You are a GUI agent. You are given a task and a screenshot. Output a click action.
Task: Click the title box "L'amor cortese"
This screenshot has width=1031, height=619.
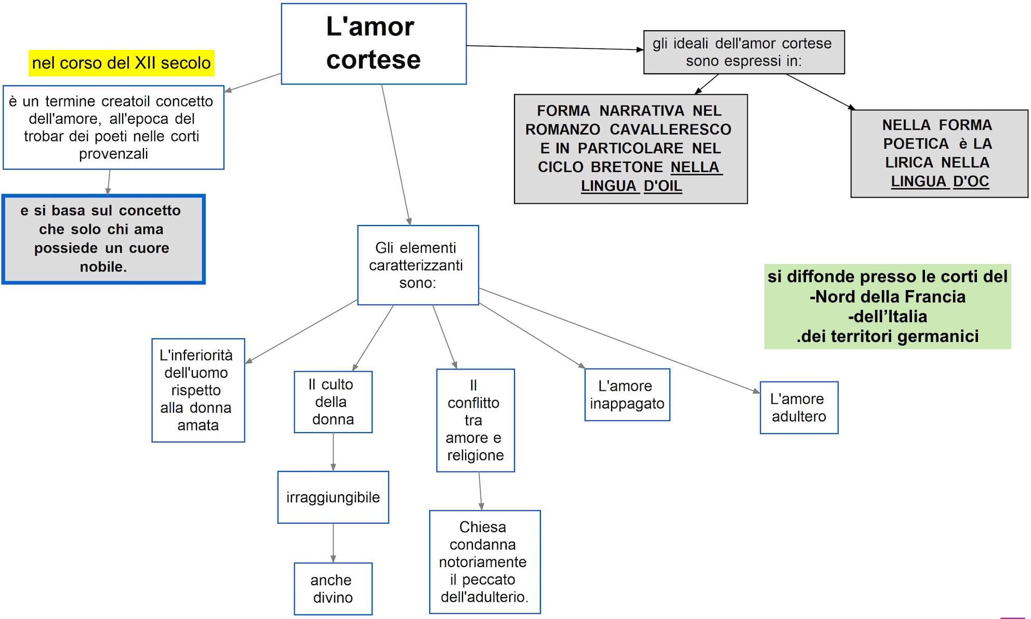pos(373,44)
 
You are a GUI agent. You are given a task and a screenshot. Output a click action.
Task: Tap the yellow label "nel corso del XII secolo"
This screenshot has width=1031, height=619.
pos(121,63)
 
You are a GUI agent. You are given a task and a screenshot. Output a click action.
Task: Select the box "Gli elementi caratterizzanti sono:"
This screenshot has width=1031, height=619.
pos(418,265)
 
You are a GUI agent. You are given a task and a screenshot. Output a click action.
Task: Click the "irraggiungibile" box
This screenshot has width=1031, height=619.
pos(333,497)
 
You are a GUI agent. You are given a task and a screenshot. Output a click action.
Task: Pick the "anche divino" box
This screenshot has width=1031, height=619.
pos(333,589)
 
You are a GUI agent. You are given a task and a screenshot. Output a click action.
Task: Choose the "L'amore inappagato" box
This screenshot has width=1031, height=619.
pos(627,395)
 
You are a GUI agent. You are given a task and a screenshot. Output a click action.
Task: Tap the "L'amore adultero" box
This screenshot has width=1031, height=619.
pos(799,408)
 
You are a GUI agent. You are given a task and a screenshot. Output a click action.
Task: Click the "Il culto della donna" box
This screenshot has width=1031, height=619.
pos(333,402)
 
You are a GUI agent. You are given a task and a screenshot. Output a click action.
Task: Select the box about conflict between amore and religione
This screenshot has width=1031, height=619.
pos(475,420)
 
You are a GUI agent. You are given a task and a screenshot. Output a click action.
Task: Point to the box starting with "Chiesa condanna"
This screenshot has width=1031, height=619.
pos(484,562)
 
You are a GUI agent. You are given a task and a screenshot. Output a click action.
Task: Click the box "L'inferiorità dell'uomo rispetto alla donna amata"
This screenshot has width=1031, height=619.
pos(198,390)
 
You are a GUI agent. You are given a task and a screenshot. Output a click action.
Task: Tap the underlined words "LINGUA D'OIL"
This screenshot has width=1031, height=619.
pos(631,186)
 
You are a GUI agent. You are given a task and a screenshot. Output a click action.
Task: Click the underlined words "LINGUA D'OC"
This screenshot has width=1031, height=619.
pos(940,181)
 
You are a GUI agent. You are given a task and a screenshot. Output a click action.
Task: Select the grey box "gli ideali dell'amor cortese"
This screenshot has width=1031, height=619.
pos(744,52)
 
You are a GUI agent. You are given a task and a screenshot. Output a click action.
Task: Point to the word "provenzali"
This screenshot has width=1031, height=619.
pos(113,154)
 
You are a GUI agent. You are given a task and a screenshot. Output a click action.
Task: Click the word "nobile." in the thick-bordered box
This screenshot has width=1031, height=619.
pos(103,267)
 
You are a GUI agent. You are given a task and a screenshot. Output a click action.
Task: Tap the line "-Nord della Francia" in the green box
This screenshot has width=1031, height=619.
pos(888,297)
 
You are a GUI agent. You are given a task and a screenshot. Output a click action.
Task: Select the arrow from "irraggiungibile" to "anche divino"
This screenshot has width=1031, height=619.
pos(333,543)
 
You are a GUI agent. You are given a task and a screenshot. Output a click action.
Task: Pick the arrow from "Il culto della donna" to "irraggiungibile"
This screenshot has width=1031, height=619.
pos(333,452)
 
